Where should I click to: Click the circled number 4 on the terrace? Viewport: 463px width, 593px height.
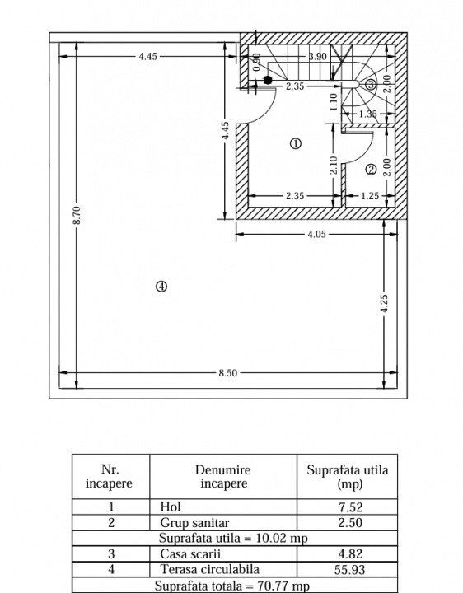click(161, 287)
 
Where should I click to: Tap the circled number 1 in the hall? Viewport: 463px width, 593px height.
click(296, 143)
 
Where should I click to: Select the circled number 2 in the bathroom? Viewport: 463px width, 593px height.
click(371, 170)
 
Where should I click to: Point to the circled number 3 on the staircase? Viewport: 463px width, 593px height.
click(371, 84)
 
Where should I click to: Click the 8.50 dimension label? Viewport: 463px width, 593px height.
click(227, 373)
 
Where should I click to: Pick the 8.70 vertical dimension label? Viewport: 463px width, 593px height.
click(77, 215)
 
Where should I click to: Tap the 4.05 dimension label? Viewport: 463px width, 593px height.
click(316, 234)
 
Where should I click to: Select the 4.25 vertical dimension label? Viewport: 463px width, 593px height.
click(384, 303)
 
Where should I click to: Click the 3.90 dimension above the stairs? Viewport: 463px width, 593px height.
click(317, 56)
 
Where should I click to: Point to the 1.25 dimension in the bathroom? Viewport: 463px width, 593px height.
click(370, 196)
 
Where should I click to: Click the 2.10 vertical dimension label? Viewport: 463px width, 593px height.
click(334, 166)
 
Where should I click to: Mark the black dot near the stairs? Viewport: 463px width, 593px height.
click(268, 80)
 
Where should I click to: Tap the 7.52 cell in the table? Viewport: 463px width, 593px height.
click(351, 507)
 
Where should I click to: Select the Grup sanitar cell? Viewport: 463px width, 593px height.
click(194, 523)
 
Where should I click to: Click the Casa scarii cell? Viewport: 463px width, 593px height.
click(190, 554)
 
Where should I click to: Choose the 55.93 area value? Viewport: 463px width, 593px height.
click(350, 570)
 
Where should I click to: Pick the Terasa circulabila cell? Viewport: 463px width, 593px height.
click(210, 569)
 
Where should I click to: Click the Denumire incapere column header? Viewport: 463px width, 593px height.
click(223, 477)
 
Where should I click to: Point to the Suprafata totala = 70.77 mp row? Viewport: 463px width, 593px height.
click(232, 586)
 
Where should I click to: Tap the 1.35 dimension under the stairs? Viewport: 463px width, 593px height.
click(367, 114)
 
